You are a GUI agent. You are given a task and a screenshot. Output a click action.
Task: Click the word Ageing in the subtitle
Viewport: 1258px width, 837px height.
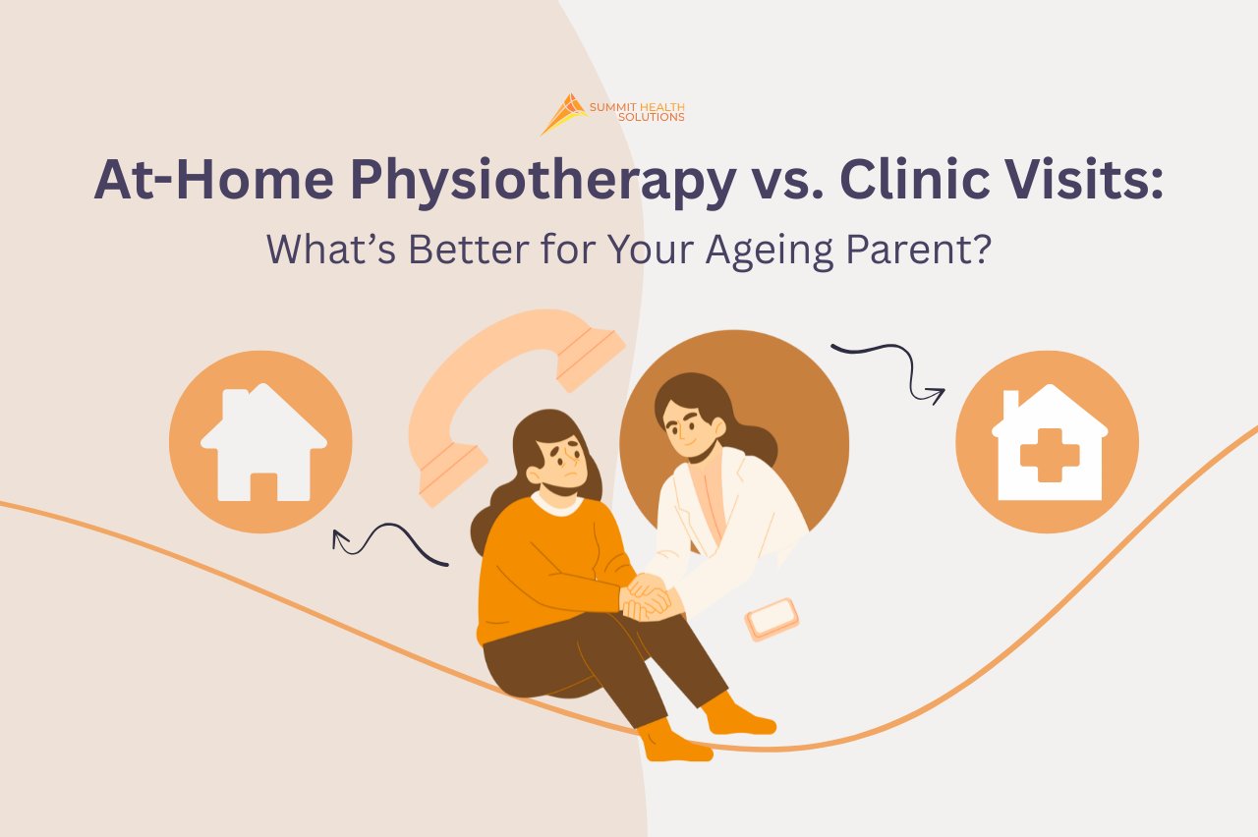tap(770, 251)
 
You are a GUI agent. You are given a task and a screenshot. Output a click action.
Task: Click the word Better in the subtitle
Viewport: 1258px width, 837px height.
tap(469, 249)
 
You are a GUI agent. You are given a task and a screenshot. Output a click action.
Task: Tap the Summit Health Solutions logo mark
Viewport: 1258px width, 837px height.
tap(564, 114)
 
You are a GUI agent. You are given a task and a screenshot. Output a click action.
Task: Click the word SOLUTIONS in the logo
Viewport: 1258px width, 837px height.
tap(651, 117)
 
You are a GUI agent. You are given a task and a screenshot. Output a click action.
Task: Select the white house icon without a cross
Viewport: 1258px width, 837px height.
tap(263, 442)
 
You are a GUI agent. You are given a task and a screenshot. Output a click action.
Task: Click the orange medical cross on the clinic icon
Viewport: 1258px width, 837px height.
tap(1050, 455)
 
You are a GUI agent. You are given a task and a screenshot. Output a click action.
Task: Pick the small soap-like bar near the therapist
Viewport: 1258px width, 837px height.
tap(772, 619)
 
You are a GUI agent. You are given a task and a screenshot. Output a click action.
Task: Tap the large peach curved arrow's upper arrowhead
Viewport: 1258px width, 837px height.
tap(591, 360)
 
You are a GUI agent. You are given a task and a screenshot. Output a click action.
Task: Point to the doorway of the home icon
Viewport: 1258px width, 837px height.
tap(263, 486)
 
